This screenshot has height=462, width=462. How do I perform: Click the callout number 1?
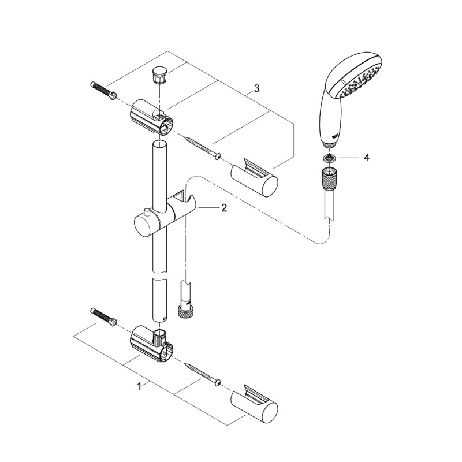(x=139, y=386)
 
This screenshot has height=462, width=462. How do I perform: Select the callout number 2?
(x=224, y=208)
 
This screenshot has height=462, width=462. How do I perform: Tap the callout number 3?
(x=256, y=88)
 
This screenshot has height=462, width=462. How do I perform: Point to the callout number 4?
(x=366, y=158)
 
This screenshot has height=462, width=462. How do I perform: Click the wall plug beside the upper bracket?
(x=103, y=91)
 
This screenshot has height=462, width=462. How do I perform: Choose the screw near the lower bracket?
(x=202, y=374)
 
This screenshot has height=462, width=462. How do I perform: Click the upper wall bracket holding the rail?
(x=151, y=118)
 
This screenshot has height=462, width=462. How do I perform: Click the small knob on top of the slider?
(x=147, y=212)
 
